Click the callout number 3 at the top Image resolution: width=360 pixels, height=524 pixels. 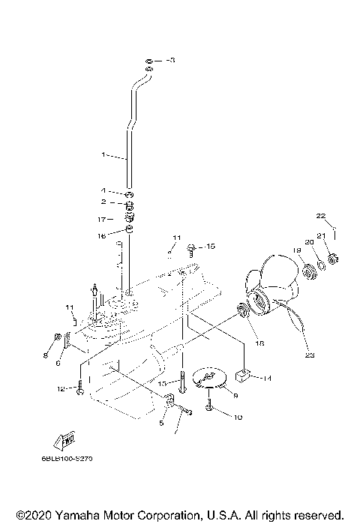[x=171, y=59]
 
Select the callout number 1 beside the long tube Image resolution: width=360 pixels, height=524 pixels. [x=103, y=155]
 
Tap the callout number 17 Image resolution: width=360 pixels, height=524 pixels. [x=102, y=219]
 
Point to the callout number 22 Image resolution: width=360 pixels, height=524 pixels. [x=320, y=216]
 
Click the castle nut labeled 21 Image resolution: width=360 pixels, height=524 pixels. [x=334, y=260]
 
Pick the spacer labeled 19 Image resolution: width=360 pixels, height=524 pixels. [x=307, y=268]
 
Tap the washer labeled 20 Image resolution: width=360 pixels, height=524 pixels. [x=321, y=264]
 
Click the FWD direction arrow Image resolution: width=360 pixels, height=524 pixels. [x=62, y=440]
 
